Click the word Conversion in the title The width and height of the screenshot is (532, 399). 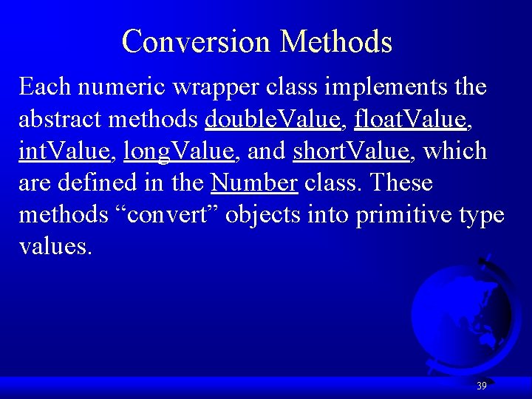click(x=197, y=41)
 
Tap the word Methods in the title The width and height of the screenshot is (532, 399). click(x=336, y=41)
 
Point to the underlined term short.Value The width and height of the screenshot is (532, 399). click(x=351, y=151)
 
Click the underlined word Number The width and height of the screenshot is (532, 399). click(x=253, y=183)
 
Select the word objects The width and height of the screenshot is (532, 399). click(x=261, y=215)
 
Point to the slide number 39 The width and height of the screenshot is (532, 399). click(x=482, y=386)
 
